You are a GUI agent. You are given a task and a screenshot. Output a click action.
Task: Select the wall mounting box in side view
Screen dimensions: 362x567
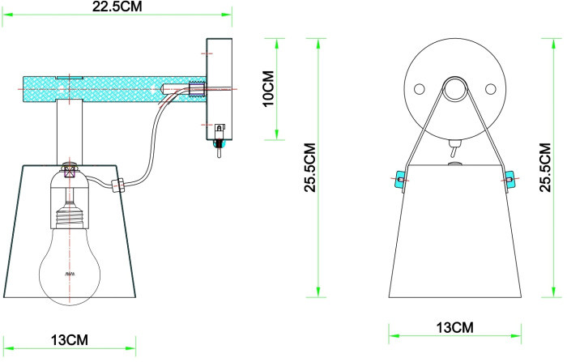point(219,89)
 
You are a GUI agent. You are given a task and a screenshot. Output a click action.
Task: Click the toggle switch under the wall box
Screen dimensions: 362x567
point(217,149)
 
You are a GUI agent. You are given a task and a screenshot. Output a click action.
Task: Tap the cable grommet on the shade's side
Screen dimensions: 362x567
point(117,185)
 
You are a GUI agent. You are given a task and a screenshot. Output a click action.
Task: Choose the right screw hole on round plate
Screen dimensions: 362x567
point(489,89)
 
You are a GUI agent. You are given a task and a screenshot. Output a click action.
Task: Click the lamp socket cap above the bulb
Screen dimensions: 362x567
point(70,171)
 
